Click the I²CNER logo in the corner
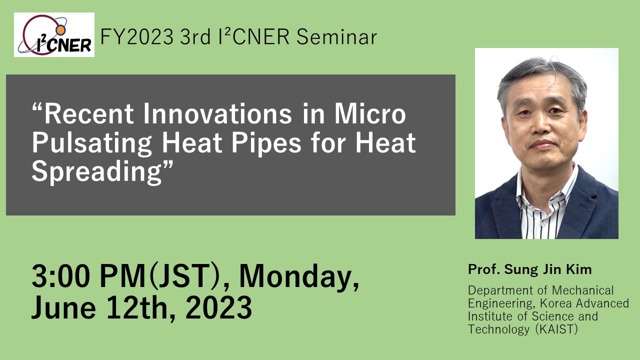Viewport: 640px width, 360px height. coord(54,34)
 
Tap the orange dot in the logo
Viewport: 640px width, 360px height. coord(60,30)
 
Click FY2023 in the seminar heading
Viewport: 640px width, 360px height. coord(137,37)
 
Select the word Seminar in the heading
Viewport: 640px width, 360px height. coord(336,37)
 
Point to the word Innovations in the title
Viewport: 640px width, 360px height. coord(217,114)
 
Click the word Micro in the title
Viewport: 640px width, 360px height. coord(370,114)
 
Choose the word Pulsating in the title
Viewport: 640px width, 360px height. coord(91,143)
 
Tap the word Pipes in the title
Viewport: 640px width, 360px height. coord(266,143)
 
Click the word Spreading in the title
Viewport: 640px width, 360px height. coord(96,172)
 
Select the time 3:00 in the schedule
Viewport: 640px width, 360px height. coord(61,276)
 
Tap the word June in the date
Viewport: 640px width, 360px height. coord(63,307)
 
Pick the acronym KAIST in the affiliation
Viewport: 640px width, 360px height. coord(556,329)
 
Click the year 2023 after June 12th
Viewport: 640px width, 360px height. coord(219,307)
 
